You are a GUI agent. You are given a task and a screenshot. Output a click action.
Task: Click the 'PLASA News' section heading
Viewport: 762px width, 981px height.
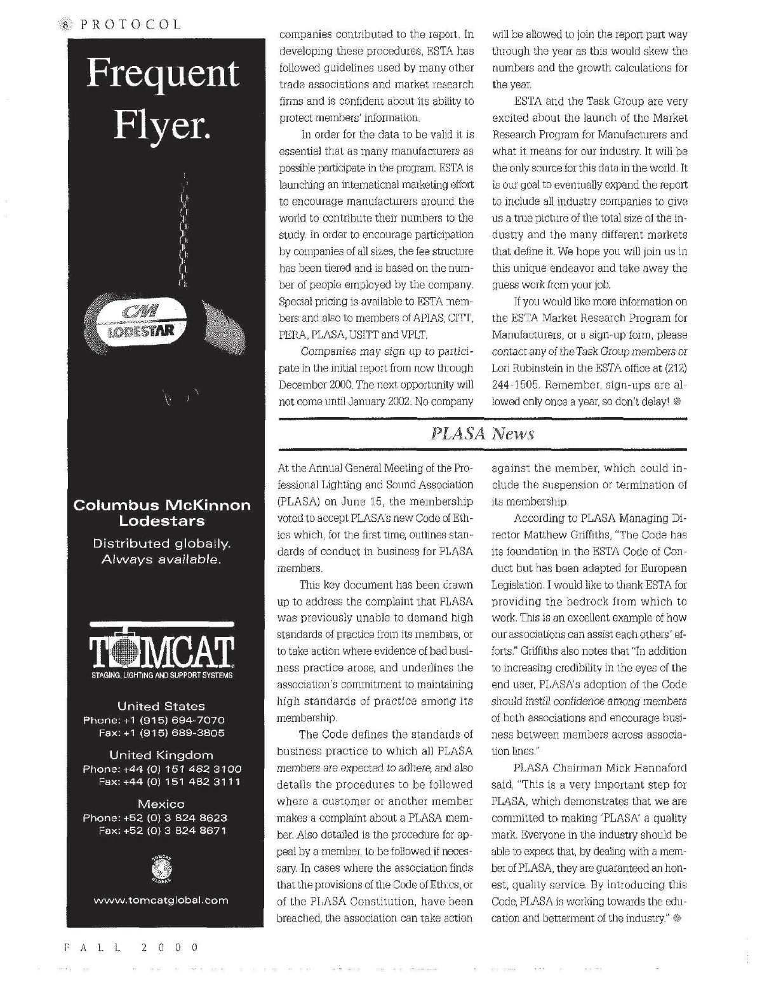483,434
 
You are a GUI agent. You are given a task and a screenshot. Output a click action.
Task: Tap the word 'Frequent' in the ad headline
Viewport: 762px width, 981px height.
163,74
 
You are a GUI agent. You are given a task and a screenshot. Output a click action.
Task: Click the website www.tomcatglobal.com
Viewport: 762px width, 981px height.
161,900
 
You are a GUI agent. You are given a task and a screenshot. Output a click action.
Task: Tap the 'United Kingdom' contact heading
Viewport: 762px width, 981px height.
161,755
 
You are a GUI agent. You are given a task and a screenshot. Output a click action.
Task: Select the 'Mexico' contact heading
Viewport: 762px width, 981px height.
161,804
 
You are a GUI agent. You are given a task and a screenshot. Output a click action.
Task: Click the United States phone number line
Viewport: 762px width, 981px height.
154,720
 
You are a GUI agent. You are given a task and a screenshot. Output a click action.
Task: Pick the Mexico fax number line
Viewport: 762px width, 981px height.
163,831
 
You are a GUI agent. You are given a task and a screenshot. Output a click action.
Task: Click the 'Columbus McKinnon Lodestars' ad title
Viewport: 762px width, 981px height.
162,513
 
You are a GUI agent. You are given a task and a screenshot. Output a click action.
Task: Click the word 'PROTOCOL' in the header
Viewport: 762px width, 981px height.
130,25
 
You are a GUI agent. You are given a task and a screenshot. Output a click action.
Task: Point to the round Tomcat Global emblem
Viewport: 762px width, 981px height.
162,868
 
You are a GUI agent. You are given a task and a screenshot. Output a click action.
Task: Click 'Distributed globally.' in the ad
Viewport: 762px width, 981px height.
162,544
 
